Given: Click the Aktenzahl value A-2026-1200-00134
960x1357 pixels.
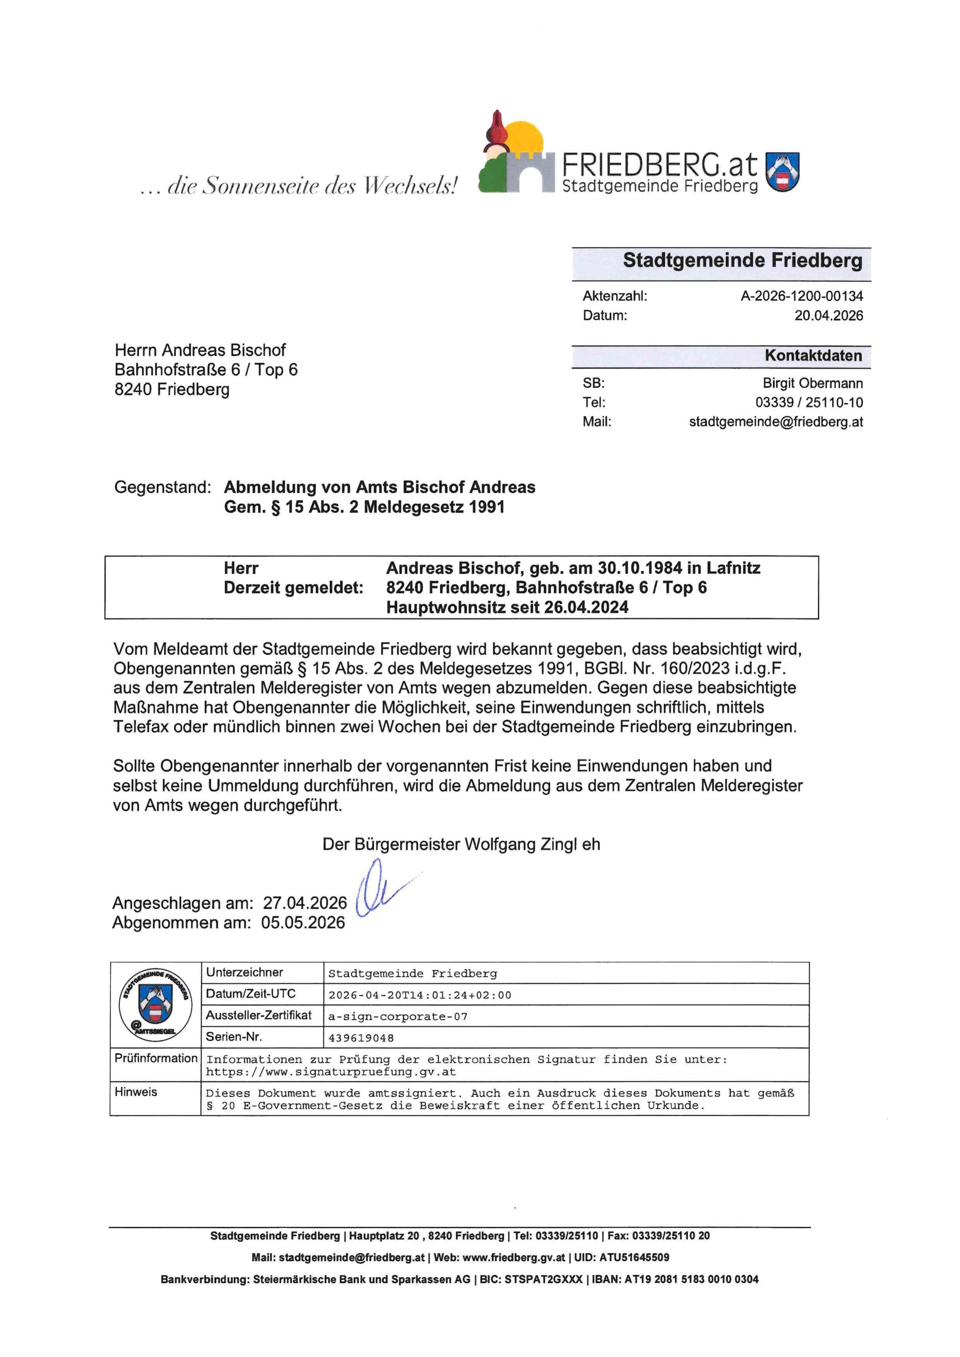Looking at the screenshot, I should [x=802, y=296].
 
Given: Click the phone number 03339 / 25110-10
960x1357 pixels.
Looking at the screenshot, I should [x=809, y=402].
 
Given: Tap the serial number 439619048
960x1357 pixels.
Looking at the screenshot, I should [x=361, y=1038].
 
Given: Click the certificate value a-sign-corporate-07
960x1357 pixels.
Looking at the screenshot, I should [x=398, y=1017].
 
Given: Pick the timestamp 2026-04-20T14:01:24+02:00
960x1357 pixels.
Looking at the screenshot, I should [x=420, y=995].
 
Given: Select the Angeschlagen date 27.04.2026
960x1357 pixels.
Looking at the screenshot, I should [x=305, y=903].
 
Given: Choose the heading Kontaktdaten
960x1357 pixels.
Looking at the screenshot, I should [x=813, y=356].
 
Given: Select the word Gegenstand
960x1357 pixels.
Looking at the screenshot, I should [x=162, y=487].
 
